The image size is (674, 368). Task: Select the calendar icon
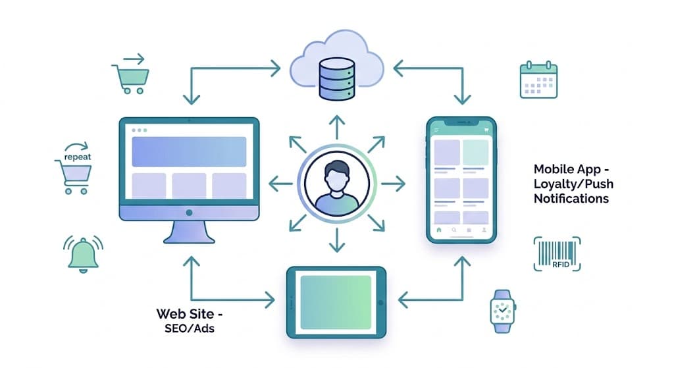538,81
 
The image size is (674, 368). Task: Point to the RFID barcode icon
556,254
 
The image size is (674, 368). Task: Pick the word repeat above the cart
78,157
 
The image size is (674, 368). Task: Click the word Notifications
571,198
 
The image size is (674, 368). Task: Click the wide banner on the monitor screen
189,151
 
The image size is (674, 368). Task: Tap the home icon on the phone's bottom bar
438,230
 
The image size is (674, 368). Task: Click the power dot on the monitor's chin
189,213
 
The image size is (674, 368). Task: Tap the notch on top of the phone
461,122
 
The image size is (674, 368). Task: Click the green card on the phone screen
475,152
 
